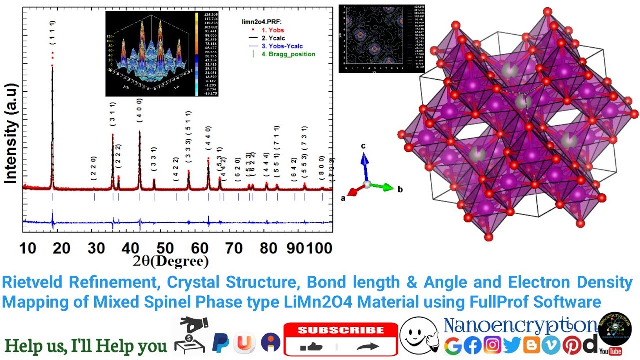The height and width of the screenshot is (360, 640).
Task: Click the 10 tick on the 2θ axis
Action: pyautogui.click(x=28, y=248)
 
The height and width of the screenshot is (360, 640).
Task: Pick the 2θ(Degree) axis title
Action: pyautogui.click(x=171, y=261)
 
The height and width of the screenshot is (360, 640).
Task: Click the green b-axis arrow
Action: pyautogui.click(x=385, y=187)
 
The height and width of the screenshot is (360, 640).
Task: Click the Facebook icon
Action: pyautogui.click(x=472, y=345)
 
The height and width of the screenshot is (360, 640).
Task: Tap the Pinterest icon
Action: pyautogui.click(x=572, y=345)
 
